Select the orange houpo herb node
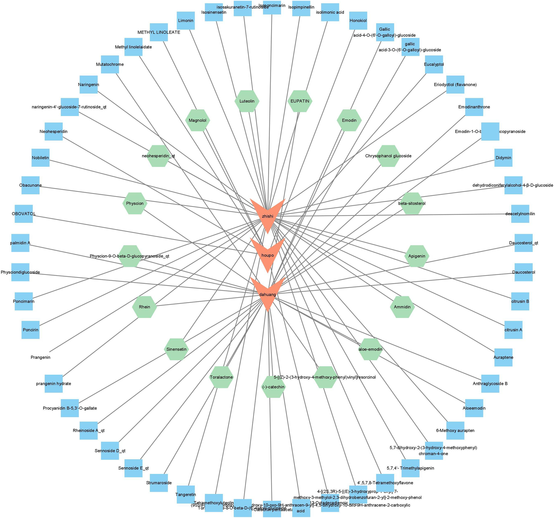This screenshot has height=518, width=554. pyautogui.click(x=268, y=255)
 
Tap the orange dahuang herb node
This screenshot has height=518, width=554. pyautogui.click(x=268, y=294)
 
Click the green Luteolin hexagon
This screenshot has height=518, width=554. pyautogui.click(x=247, y=101)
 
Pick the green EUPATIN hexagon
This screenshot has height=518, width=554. pyautogui.click(x=300, y=101)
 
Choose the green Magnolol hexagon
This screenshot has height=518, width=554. pyautogui.click(x=198, y=120)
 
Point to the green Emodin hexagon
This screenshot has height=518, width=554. pyautogui.click(x=349, y=120)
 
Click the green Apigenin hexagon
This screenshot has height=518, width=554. pyautogui.click(x=417, y=256)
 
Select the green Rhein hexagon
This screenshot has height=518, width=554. pyautogui.click(x=144, y=307)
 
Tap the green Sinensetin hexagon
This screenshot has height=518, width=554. pyautogui.click(x=176, y=349)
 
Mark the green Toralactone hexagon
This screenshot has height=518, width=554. pyautogui.click(x=221, y=377)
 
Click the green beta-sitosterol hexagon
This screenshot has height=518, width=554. pyautogui.click(x=412, y=203)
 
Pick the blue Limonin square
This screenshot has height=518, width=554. pyautogui.click(x=186, y=21)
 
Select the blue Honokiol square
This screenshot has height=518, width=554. pyautogui.click(x=358, y=21)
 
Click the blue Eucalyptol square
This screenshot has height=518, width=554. pyautogui.click(x=434, y=64)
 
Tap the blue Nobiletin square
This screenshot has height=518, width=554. pyautogui.click(x=41, y=158)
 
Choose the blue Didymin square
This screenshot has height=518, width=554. pyautogui.click(x=503, y=158)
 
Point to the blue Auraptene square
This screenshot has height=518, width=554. pyautogui.click(x=503, y=357)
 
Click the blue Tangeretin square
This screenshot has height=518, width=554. pyautogui.click(x=186, y=494)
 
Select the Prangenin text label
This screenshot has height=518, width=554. pyautogui.click(x=41, y=357)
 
